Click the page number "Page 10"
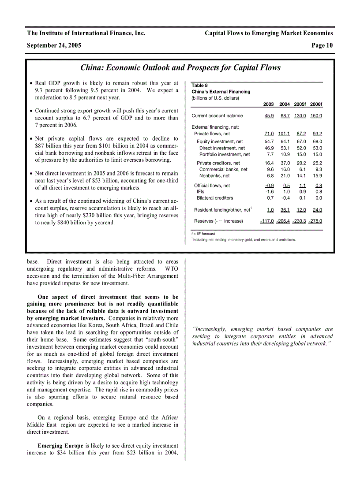(x=322, y=45)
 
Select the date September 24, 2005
(x=54, y=45)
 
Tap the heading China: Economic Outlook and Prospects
(x=180, y=67)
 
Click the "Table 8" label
(x=199, y=86)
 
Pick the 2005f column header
(x=300, y=104)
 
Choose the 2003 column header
(x=268, y=104)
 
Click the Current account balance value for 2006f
(x=316, y=116)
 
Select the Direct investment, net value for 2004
(x=285, y=149)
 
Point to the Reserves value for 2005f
(x=299, y=221)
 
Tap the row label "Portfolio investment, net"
(x=225, y=155)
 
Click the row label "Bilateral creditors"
(x=215, y=198)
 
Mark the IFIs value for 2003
(x=269, y=192)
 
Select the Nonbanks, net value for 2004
(x=285, y=176)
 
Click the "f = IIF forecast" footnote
(x=203, y=234)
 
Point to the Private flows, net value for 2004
(x=284, y=134)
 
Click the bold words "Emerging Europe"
(x=60, y=446)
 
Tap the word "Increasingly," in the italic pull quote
(x=209, y=329)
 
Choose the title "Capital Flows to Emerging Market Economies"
(x=269, y=33)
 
